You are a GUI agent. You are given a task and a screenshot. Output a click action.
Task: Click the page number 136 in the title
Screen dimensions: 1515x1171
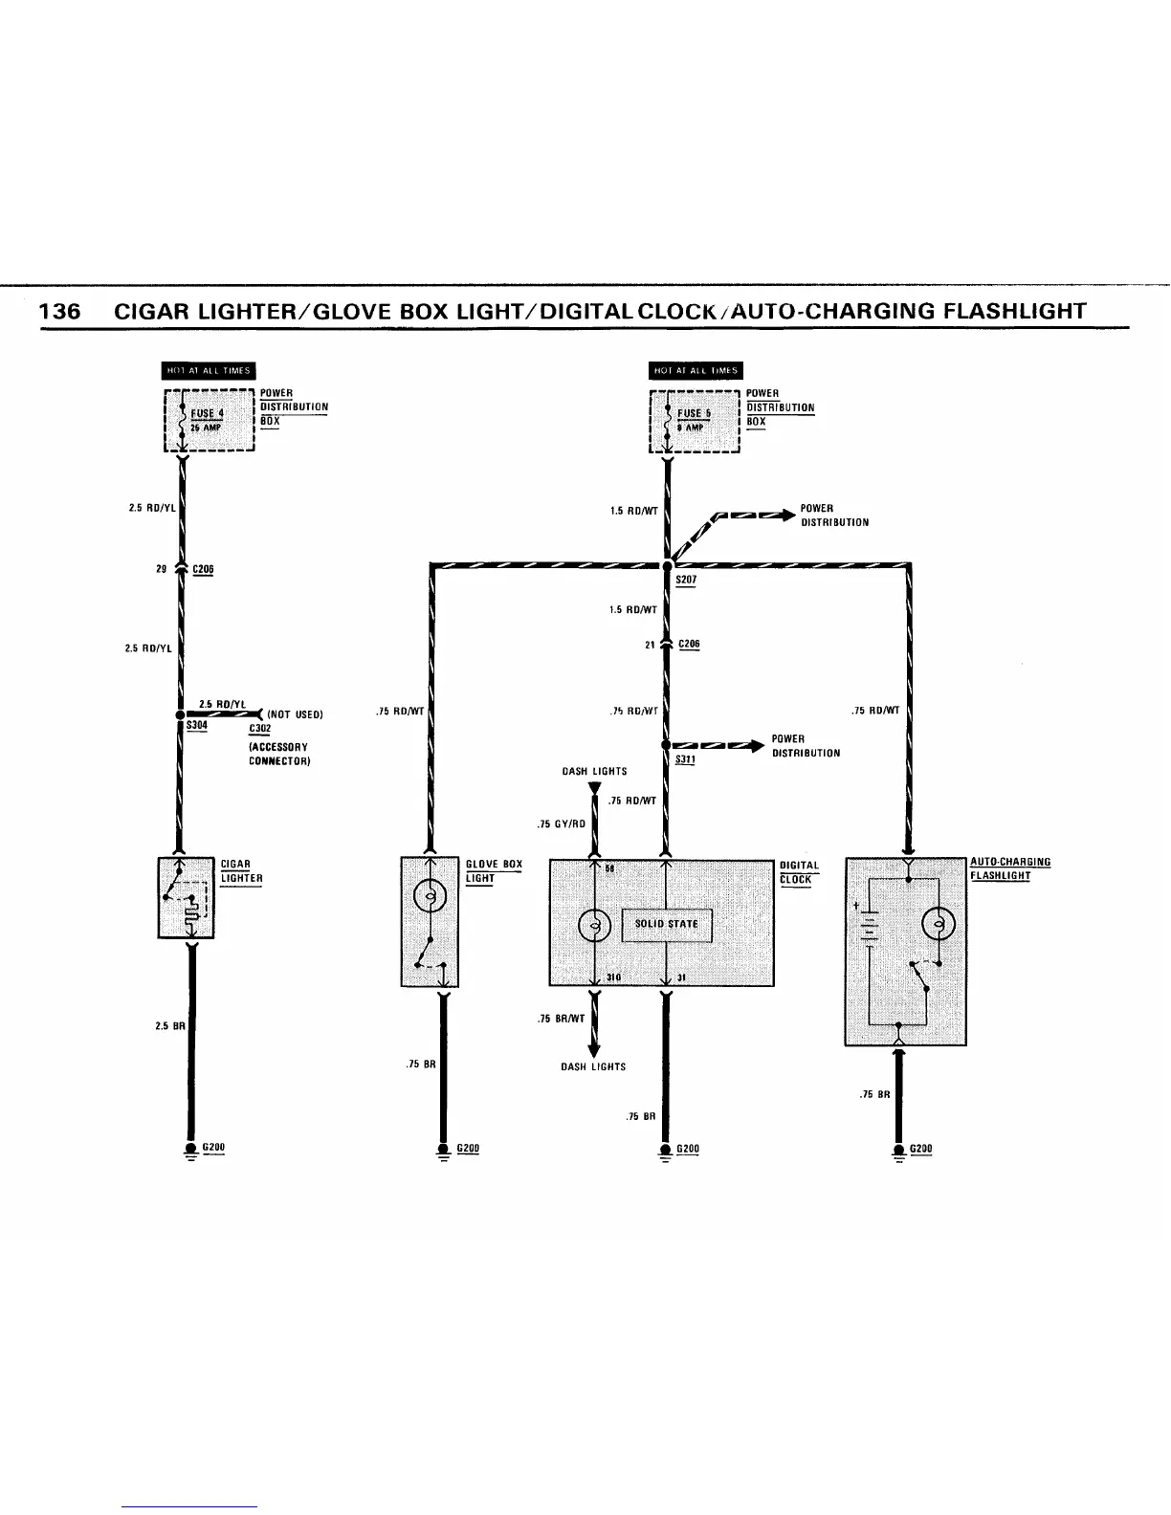point(60,312)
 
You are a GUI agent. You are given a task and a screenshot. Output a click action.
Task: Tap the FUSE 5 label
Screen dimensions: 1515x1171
point(695,414)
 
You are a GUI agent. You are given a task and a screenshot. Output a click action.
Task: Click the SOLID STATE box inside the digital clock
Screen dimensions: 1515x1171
point(667,925)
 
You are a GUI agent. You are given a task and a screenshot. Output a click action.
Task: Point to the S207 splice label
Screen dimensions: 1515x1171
point(687,581)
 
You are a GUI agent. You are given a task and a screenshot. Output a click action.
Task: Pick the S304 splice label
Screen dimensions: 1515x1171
point(197,726)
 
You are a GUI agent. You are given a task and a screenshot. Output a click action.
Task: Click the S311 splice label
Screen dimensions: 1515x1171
point(685,759)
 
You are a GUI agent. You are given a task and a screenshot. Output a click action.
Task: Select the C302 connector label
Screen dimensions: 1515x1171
point(259,729)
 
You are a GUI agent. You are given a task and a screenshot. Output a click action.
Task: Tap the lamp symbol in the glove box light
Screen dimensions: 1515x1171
point(431,897)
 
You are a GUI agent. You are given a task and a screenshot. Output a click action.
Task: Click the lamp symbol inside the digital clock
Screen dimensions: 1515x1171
point(595,925)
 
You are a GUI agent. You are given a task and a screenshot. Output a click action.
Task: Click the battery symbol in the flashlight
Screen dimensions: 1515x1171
point(870,926)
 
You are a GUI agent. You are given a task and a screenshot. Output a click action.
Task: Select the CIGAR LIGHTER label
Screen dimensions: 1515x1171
point(241,871)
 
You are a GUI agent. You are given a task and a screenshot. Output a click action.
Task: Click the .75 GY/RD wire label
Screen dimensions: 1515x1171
point(562,823)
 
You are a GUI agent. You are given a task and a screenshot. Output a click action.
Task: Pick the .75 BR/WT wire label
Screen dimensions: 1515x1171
point(562,1020)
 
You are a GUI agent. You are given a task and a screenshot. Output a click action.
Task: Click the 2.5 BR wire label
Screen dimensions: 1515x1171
point(168,1026)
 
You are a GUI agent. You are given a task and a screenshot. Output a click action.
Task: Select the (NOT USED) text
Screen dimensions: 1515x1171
point(296,714)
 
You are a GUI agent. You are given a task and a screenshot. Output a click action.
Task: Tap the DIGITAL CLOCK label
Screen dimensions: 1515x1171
point(798,872)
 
